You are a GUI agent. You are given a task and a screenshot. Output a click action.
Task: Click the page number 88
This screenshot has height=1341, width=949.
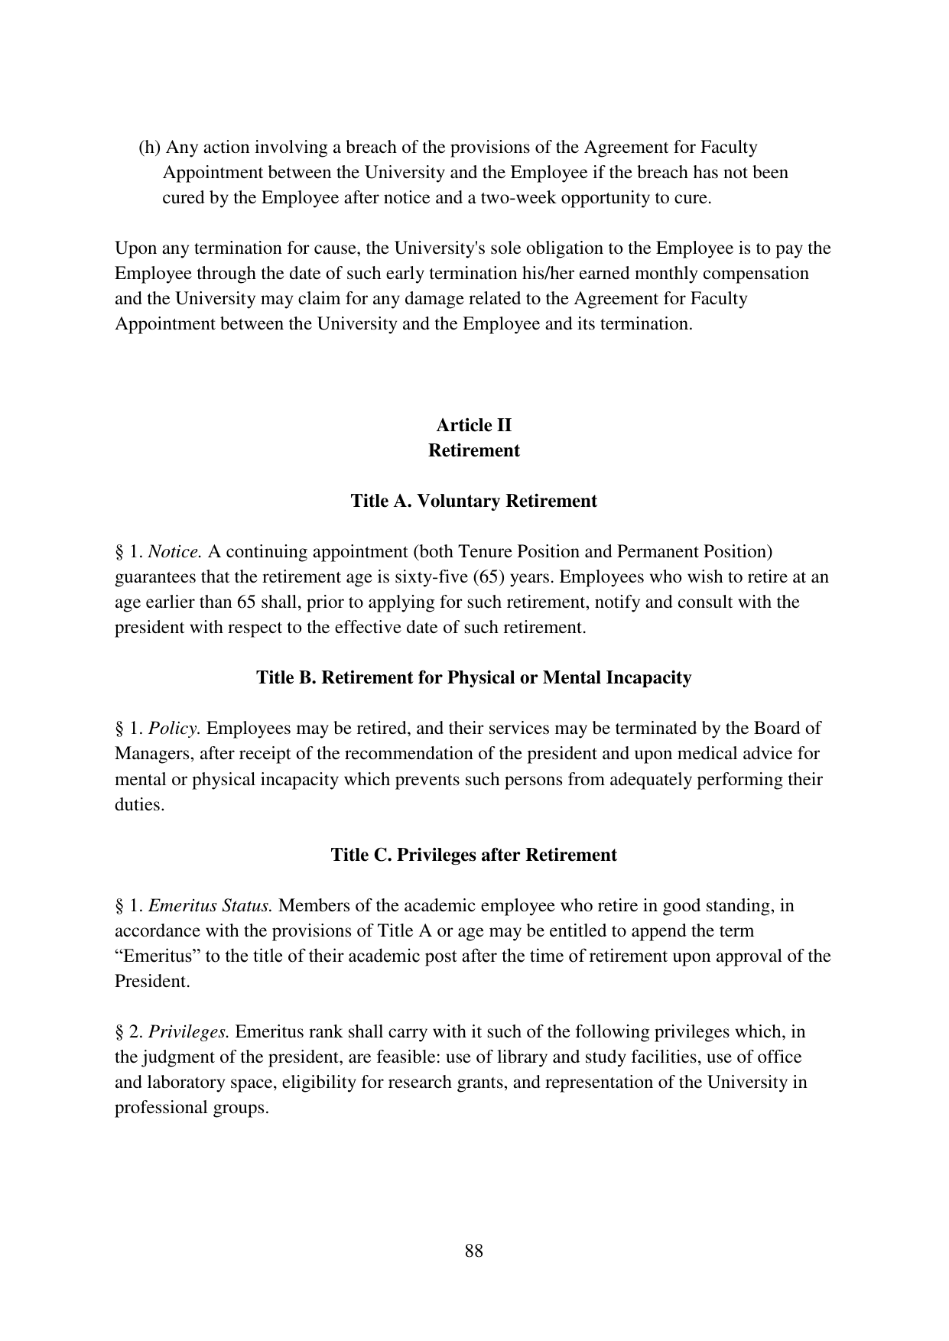click(x=473, y=1251)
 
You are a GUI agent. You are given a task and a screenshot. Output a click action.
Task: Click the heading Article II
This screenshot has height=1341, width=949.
click(x=473, y=425)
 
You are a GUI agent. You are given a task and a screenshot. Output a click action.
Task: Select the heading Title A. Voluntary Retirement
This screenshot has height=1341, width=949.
click(x=473, y=501)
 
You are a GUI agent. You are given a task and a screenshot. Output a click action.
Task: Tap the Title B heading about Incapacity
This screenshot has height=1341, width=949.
click(x=473, y=677)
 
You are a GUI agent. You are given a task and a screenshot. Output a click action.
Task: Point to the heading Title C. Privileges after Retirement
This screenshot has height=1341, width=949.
click(x=473, y=854)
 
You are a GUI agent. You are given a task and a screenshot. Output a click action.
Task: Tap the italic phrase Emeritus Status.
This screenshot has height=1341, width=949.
click(x=210, y=905)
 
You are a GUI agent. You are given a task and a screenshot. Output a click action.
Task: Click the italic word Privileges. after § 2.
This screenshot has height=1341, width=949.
click(x=189, y=1031)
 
